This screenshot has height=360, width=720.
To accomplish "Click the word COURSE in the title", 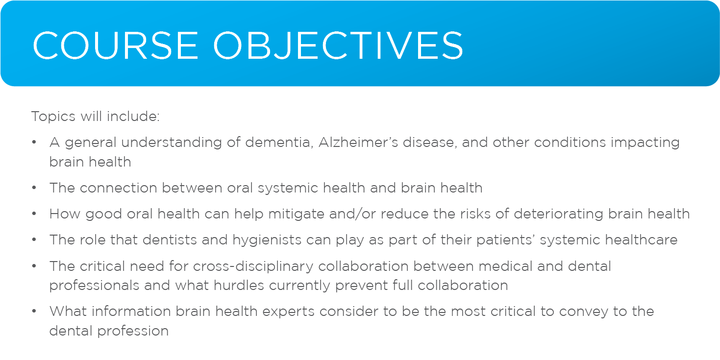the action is click(x=115, y=46).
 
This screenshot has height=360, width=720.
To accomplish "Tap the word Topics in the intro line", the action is click(x=53, y=117).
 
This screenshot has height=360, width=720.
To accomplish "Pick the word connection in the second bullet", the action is click(x=119, y=188).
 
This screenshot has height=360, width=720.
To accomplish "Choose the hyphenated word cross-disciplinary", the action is click(x=253, y=266).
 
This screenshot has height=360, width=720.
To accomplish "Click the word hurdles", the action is click(x=239, y=285).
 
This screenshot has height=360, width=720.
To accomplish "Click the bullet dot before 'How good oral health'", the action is click(x=34, y=214).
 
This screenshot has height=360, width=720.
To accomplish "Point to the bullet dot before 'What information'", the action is click(x=34, y=311).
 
